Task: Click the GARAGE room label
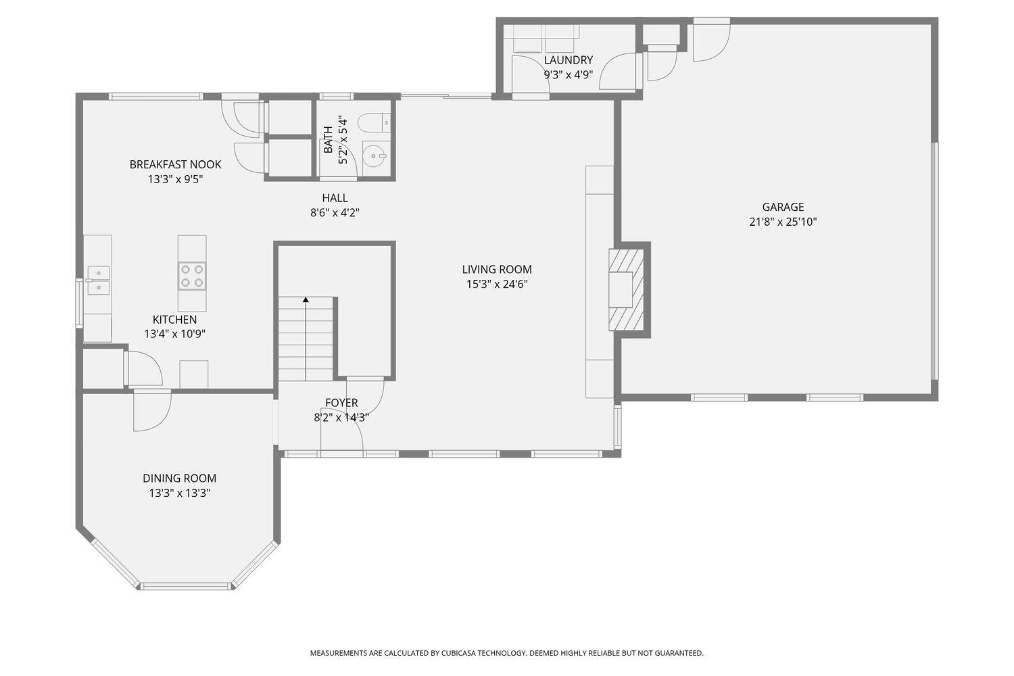[x=783, y=208]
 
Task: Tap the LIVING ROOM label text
[x=497, y=270]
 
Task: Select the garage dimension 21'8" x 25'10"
[x=783, y=222]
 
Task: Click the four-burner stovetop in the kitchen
[x=192, y=276]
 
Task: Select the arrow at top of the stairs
[x=306, y=299]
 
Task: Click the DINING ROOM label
[x=180, y=479]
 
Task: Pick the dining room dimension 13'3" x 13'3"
[x=180, y=493]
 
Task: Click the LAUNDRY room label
[x=569, y=60]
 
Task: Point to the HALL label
[x=335, y=198]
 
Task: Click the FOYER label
[x=341, y=403]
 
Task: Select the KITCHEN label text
[x=174, y=320]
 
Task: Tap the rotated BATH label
[x=328, y=140]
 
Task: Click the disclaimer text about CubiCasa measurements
[x=506, y=653]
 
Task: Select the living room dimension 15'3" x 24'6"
[x=497, y=285]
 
